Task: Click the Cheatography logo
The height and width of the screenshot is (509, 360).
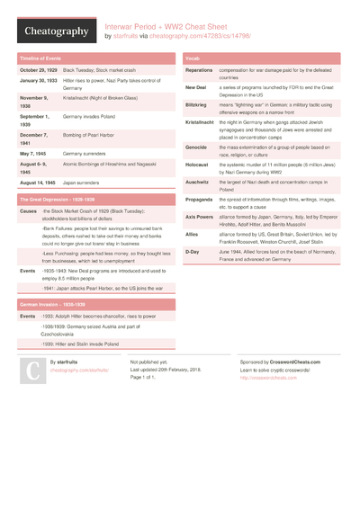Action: pos(56,31)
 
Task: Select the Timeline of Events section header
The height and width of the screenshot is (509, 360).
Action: pos(40,58)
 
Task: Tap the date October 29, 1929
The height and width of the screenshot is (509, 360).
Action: pos(38,69)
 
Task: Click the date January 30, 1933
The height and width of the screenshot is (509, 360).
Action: pos(38,81)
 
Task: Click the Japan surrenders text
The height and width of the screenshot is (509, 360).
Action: pos(82,182)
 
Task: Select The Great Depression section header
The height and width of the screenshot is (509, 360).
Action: pos(56,199)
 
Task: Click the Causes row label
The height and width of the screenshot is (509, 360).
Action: pos(28,210)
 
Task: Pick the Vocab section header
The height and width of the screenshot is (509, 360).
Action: pos(193,58)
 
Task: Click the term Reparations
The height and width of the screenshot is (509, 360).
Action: pos(199,69)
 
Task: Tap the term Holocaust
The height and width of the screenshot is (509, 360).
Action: pos(197,165)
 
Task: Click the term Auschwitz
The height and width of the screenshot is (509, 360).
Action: pos(197,182)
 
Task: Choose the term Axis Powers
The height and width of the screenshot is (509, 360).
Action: pos(199,217)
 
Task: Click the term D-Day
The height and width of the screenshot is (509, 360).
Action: pos(193,252)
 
